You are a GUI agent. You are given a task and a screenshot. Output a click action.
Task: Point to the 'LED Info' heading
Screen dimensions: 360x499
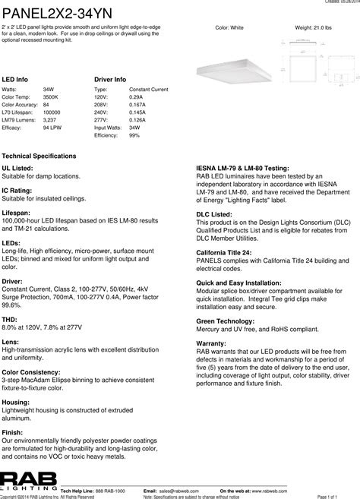(x=15, y=79)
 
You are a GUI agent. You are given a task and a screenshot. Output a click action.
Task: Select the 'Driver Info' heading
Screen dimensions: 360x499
(x=110, y=79)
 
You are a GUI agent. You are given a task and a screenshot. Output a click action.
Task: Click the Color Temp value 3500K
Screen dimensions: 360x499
(x=51, y=97)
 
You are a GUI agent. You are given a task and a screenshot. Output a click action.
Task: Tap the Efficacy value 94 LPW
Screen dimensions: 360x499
(x=52, y=128)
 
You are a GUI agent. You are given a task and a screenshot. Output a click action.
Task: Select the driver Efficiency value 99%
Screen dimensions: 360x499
(x=134, y=136)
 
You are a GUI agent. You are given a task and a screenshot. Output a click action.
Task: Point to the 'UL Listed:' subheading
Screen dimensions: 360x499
(x=17, y=167)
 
